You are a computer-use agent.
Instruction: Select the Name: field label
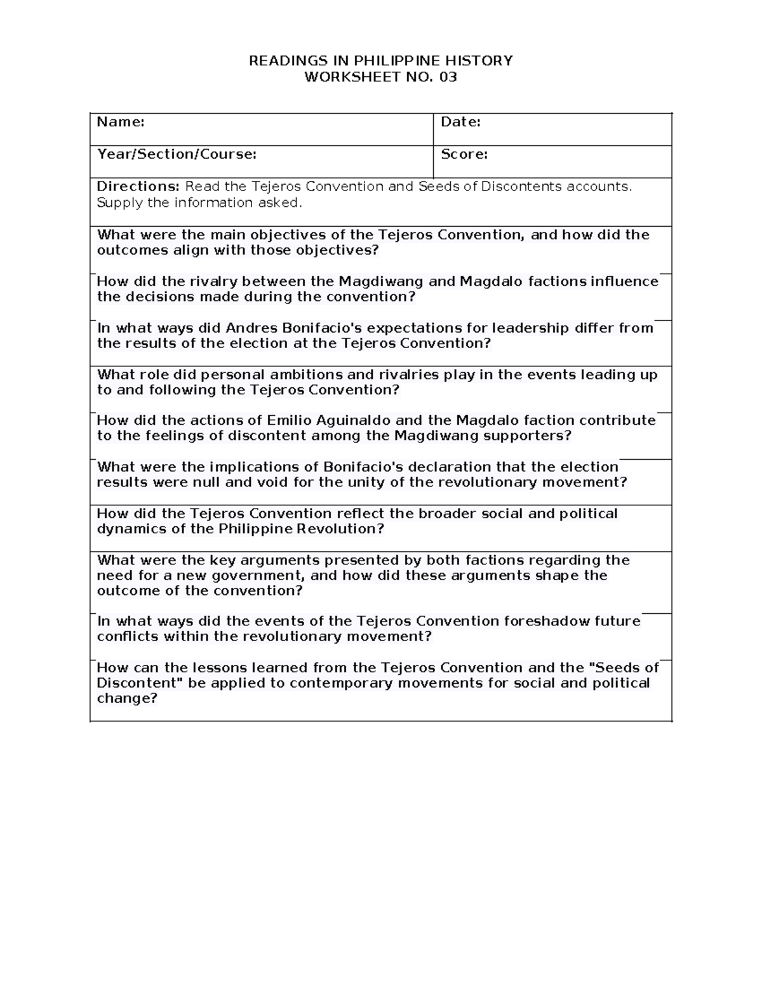click(x=121, y=122)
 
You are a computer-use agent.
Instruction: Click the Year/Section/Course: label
click(x=177, y=154)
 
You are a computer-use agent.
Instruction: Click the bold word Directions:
click(x=138, y=187)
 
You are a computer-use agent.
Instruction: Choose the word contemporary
click(x=347, y=683)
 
